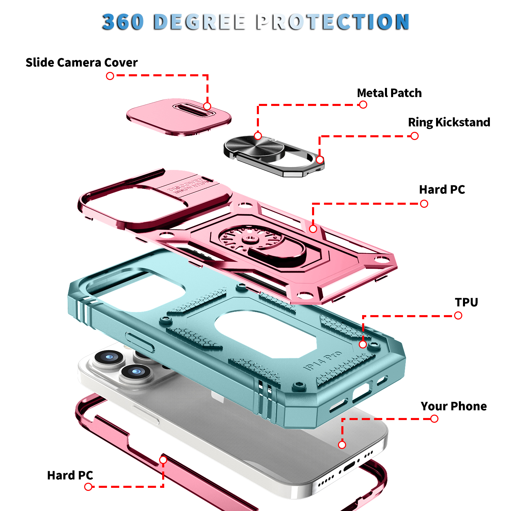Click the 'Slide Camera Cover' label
click(x=82, y=63)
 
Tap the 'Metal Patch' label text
click(x=389, y=93)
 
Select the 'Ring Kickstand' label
click(x=449, y=122)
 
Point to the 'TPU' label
click(x=466, y=302)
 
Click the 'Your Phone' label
click(x=454, y=406)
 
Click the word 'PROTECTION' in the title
click(x=332, y=22)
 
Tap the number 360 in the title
click(x=123, y=22)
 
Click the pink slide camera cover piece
click(x=179, y=117)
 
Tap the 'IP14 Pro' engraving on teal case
click(x=322, y=360)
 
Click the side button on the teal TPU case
click(x=140, y=342)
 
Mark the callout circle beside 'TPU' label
click(x=458, y=315)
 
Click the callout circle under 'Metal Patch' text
click(x=363, y=105)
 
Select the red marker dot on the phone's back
click(x=342, y=445)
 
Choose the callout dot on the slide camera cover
click(x=207, y=106)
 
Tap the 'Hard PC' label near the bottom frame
click(x=70, y=475)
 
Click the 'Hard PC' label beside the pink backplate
click(x=442, y=189)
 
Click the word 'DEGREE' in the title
click(x=200, y=22)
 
